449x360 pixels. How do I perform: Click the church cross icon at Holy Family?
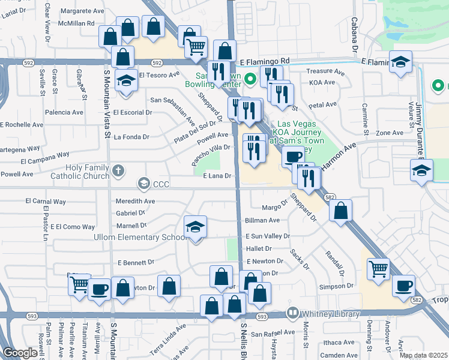pos(118,170)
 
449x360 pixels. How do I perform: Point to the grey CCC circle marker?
pos(143,183)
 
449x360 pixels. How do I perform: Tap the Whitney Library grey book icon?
pos(292,313)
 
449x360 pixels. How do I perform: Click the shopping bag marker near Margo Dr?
pos(340,211)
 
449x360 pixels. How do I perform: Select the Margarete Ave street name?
pos(82,11)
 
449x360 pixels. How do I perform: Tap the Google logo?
pos(20,353)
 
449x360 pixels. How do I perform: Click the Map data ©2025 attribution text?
pos(423,355)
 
